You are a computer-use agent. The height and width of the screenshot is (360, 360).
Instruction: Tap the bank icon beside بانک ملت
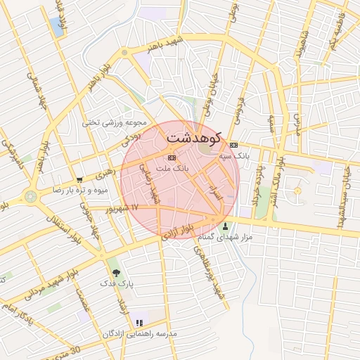pyautogui.click(x=172, y=157)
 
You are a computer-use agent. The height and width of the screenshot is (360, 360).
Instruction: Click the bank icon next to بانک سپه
pyautogui.click(x=233, y=146)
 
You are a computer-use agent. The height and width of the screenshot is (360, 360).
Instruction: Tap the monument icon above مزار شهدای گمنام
pyautogui.click(x=225, y=226)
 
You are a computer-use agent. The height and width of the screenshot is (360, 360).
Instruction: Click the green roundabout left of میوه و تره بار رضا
pyautogui.click(x=30, y=197)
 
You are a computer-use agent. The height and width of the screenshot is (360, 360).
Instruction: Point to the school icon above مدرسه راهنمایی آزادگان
pyautogui.click(x=139, y=323)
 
